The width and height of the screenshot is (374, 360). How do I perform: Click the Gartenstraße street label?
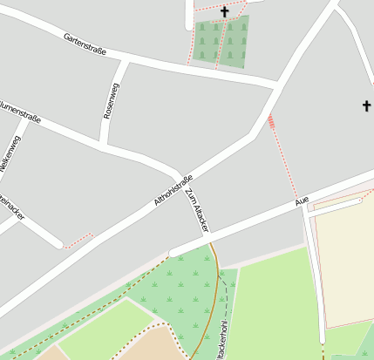click(85, 44)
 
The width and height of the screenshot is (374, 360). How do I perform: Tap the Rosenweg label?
click(109, 100)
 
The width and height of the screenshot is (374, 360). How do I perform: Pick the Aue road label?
click(302, 201)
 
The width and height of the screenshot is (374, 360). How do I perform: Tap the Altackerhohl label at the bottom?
click(224, 342)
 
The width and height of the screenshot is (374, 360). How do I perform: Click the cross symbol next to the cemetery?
click(224, 11)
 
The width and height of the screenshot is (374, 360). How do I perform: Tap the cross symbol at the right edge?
click(367, 106)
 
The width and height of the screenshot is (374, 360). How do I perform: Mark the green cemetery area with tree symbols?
click(221, 42)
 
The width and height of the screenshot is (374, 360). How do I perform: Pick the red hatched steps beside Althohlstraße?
click(272, 122)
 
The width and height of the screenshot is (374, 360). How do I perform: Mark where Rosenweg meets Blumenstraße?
click(103, 145)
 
